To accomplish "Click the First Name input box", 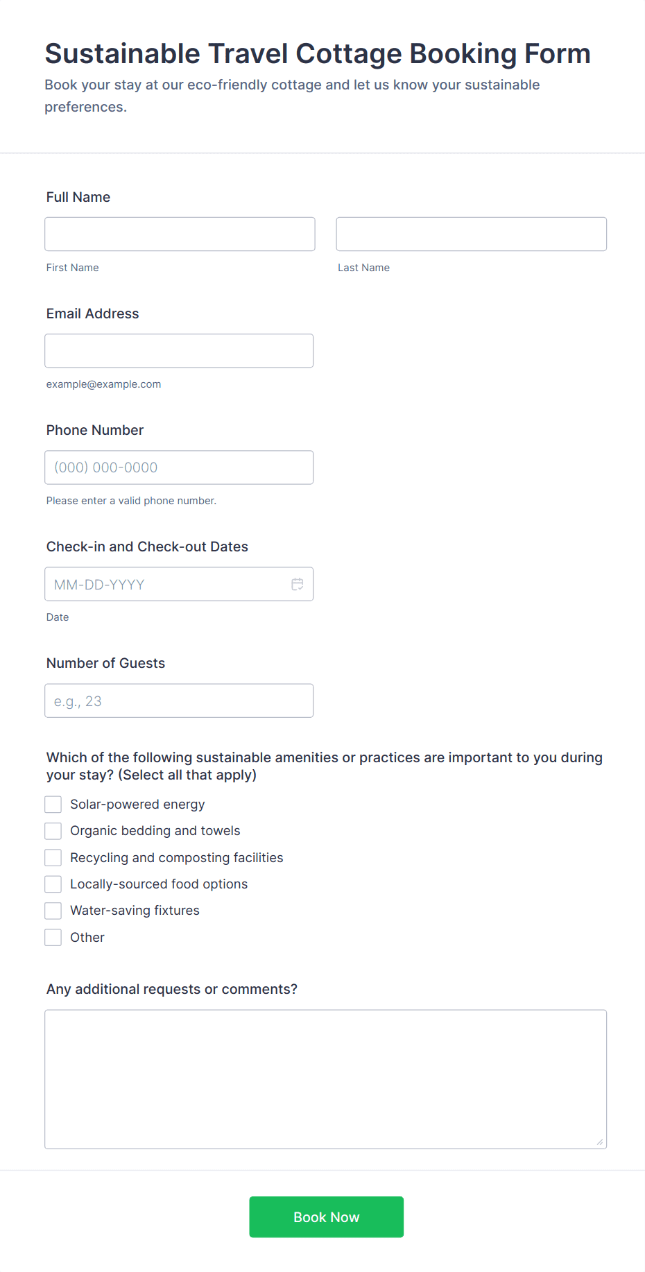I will (x=180, y=234).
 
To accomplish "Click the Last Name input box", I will (x=471, y=234).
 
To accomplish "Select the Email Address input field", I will (x=179, y=350).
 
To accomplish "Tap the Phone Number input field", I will (x=179, y=467).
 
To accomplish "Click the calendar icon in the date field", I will (x=298, y=584).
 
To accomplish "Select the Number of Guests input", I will (x=179, y=701).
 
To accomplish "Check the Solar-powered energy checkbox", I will (x=53, y=805).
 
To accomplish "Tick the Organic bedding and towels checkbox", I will (x=53, y=831).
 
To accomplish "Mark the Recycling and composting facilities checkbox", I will (x=53, y=858).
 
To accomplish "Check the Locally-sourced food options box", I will (x=53, y=884).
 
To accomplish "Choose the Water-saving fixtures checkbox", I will (x=53, y=911).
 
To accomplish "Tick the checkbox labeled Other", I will (x=53, y=938).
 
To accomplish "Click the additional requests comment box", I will (x=325, y=1078).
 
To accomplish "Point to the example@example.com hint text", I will (x=103, y=384).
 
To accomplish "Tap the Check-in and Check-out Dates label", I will (x=147, y=547).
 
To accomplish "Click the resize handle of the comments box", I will (x=600, y=1142).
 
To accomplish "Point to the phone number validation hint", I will (x=131, y=501).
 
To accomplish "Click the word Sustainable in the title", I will (x=122, y=54).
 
